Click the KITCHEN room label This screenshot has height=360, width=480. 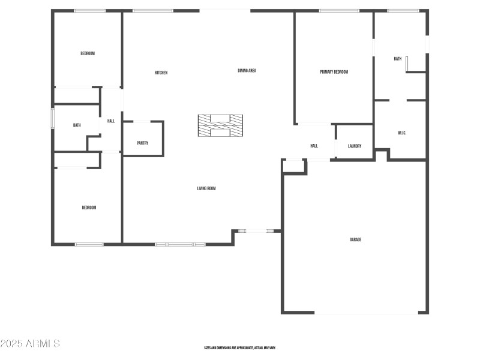161,73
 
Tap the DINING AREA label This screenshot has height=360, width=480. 247,71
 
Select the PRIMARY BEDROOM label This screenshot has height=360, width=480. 334,72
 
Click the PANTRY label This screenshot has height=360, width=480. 142,143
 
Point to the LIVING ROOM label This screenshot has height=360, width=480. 206,188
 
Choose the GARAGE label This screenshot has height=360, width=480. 355,239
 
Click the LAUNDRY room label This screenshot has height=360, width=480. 354,146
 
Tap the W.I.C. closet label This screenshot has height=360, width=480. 402,133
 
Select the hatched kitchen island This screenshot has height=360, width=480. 220,125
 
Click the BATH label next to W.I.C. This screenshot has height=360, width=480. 397,59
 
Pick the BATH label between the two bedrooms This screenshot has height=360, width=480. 77,125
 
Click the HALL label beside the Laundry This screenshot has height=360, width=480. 314,146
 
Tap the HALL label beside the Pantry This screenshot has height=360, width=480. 111,121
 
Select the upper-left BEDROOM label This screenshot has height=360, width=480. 88,53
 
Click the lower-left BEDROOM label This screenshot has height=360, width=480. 89,208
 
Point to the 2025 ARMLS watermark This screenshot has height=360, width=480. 30,344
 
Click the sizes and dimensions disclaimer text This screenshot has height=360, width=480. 239,348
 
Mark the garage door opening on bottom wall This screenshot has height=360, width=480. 366,313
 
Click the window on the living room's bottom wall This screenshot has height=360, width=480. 180,244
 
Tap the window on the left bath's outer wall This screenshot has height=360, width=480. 52,118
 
